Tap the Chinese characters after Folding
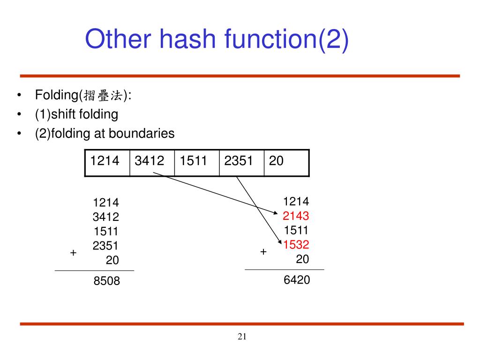(x=103, y=96)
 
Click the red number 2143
(x=296, y=216)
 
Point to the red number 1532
(x=296, y=244)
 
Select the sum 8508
(x=106, y=281)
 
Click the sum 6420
(x=297, y=280)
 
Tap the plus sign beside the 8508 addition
(x=73, y=253)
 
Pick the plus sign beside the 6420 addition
(x=263, y=252)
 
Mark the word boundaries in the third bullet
(x=142, y=134)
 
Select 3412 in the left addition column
(x=106, y=217)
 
